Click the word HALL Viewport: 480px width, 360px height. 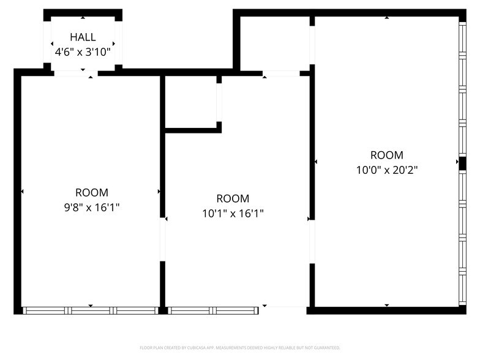pos(83,37)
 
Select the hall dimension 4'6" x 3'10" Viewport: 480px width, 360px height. pos(83,52)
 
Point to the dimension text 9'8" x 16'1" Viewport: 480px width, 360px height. pos(91,208)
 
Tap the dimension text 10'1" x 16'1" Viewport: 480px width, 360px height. pos(233,213)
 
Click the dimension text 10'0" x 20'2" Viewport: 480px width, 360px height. pos(387,170)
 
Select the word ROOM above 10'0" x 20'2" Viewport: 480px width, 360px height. pos(387,155)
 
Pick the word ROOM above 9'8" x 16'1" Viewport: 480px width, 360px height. pos(91,192)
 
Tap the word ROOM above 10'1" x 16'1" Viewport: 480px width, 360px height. pos(233,198)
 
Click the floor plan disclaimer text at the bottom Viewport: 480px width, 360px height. pos(239,347)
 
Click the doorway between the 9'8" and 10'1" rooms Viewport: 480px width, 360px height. pos(163,239)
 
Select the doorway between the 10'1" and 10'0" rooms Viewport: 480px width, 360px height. pos(312,241)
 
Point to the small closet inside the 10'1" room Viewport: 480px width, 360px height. pos(191,102)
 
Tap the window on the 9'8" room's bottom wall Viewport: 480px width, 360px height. pos(91,310)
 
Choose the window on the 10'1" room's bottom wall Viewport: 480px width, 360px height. pos(212,310)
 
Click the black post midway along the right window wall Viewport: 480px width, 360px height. pos(462,163)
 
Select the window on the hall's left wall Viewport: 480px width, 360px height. pos(47,42)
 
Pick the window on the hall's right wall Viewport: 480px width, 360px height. pos(118,42)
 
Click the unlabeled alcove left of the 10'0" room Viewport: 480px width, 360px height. pos(275,43)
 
